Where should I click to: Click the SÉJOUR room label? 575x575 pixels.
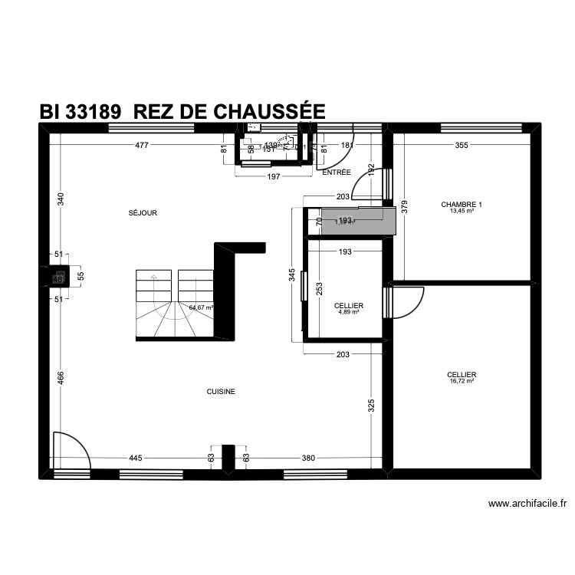pos(143,213)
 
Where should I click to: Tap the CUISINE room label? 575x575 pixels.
pos(221,392)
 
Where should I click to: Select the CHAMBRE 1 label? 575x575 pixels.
pos(462,205)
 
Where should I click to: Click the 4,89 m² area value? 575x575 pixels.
pos(349,312)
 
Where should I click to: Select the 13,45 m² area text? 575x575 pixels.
pos(462,211)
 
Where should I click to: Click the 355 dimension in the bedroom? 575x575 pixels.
pos(461,145)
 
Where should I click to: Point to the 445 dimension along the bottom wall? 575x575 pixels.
pos(135,458)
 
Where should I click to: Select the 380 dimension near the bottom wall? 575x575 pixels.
pos(307,458)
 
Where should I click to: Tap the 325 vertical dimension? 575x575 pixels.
pos(372,406)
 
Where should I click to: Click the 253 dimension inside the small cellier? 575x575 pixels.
pos(319,289)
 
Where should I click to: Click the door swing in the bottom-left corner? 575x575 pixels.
pos(70,451)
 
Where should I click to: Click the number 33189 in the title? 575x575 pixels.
pos(93,111)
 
